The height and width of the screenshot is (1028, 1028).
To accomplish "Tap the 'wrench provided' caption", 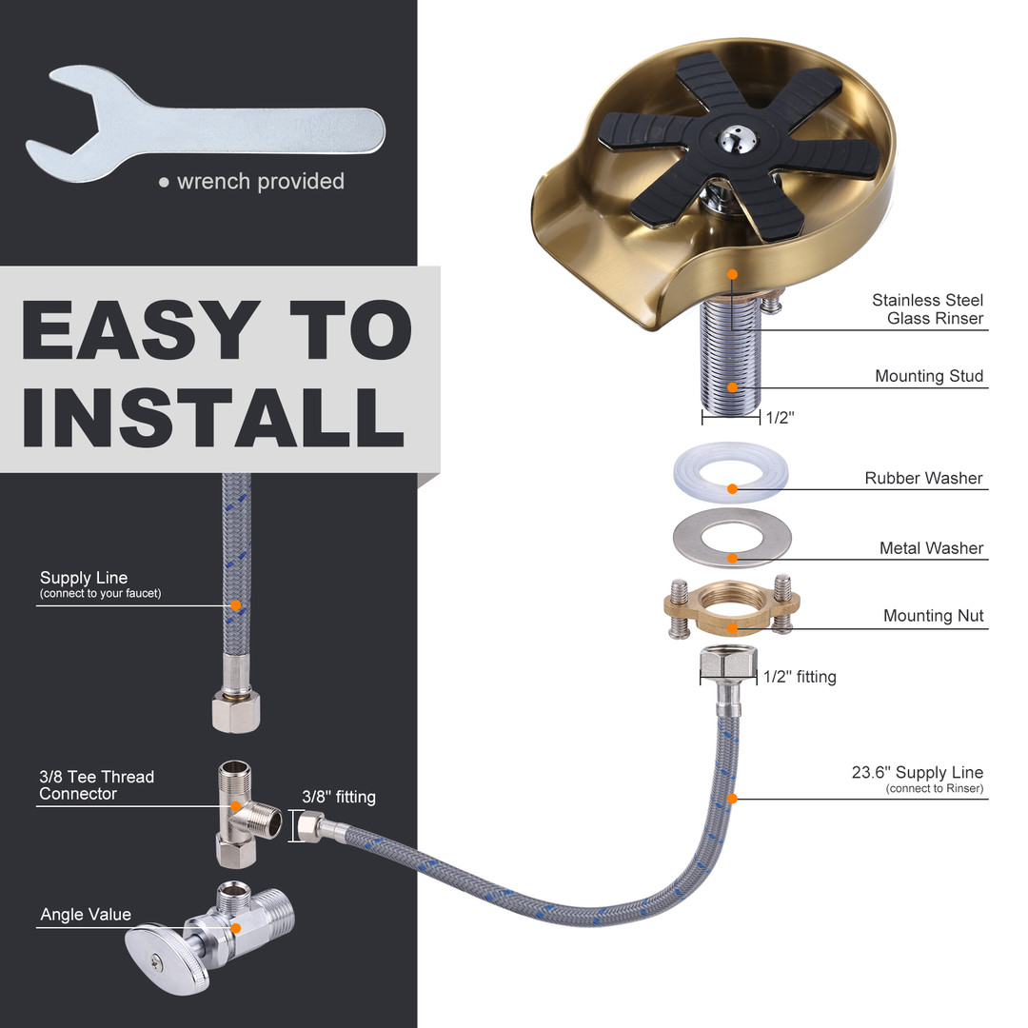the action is [260, 181].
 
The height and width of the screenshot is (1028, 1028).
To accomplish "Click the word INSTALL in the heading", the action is [213, 416].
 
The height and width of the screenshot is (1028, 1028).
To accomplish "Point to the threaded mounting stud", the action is [731, 357].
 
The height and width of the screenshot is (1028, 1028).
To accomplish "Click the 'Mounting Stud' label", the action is [929, 376].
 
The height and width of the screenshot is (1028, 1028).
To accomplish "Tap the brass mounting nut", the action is [732, 606].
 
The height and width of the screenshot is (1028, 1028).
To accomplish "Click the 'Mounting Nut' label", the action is [933, 616].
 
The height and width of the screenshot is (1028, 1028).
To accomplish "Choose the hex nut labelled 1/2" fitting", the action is [728, 663].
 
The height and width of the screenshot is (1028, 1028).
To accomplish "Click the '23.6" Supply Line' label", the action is [918, 772].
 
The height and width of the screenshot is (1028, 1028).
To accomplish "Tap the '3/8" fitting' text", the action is [338, 797].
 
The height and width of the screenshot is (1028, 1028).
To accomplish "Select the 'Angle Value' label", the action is [86, 914].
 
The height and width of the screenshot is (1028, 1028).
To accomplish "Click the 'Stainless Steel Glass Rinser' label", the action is [928, 308].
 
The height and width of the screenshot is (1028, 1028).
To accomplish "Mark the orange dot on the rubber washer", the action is [732, 489].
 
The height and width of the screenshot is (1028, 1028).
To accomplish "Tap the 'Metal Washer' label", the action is [931, 547].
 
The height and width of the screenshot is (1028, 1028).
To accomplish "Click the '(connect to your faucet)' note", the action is [100, 593].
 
